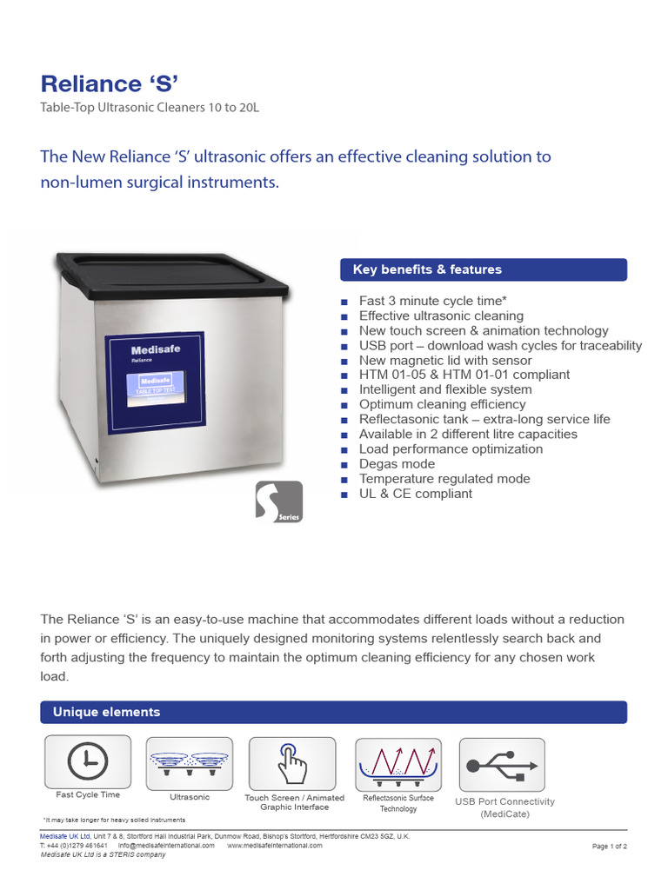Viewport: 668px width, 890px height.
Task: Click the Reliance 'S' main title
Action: tap(110, 83)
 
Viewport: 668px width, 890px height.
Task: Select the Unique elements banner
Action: tap(333, 712)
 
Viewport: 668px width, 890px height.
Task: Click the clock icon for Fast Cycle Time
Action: tap(88, 762)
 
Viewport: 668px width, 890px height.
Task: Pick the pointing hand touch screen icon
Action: tap(291, 763)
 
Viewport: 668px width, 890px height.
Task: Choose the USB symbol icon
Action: tap(501, 765)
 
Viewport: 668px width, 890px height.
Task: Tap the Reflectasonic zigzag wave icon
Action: tap(397, 763)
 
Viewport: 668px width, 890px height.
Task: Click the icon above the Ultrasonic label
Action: tap(190, 763)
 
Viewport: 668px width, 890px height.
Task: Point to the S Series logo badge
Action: tap(279, 502)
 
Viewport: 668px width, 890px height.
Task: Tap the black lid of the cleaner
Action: tap(171, 274)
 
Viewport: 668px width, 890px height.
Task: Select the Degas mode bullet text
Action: tap(397, 464)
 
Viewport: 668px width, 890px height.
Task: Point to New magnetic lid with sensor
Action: tap(445, 361)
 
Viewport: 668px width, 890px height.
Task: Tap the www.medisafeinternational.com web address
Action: tap(274, 845)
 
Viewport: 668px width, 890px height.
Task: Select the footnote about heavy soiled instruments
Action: tap(114, 820)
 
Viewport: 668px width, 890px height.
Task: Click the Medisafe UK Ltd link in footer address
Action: tap(65, 836)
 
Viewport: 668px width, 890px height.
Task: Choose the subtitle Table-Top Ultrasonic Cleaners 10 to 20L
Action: tap(150, 108)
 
